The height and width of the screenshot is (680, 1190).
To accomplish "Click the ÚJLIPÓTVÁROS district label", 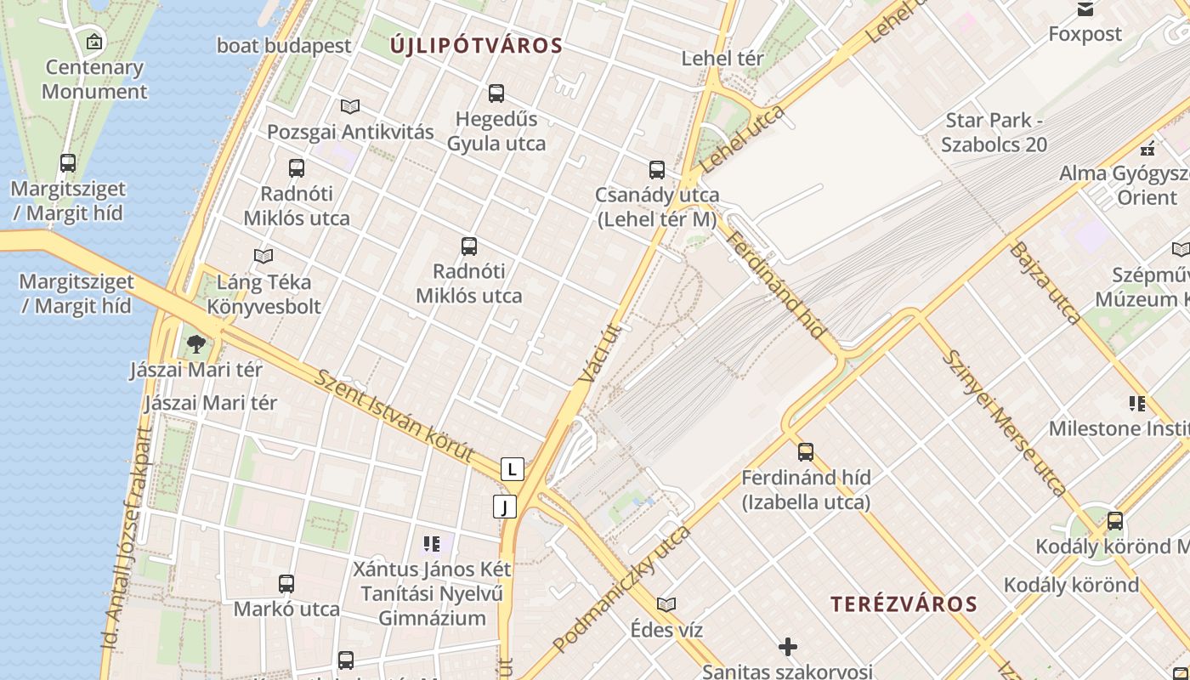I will [x=476, y=46].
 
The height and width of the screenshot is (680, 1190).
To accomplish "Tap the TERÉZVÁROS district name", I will [x=904, y=604].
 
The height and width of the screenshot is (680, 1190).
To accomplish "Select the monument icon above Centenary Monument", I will [x=94, y=41].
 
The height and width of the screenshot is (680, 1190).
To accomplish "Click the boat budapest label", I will [x=284, y=46].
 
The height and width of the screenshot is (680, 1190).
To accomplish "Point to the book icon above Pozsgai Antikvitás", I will [x=349, y=106].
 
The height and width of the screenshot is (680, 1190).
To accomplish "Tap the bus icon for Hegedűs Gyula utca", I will [x=496, y=93].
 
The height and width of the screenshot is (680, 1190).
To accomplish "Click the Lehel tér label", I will [x=722, y=59].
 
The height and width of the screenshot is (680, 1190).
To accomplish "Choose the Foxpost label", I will [x=1085, y=34].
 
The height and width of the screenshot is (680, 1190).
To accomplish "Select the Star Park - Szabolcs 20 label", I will [x=994, y=132].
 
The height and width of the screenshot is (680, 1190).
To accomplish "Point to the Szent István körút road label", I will [x=393, y=416].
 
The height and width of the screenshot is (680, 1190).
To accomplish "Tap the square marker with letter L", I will [x=512, y=468].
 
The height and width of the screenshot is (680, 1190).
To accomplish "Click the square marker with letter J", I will [x=505, y=507].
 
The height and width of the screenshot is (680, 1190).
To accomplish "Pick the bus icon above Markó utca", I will [x=286, y=584].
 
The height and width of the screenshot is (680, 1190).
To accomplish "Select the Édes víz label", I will [x=666, y=630].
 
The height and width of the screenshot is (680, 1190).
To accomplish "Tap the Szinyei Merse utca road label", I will [x=1002, y=422].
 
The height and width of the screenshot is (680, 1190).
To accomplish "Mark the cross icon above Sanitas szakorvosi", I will [x=788, y=647].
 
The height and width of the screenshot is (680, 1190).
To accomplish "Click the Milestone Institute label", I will [x=1118, y=428].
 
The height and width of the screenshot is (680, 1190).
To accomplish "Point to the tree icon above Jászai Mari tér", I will [x=196, y=344].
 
